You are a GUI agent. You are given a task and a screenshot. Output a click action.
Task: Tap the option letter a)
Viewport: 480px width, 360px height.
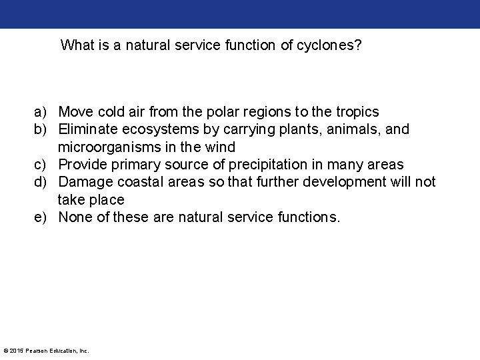pos(43,111)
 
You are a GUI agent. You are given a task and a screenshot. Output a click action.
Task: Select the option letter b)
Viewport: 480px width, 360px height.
pos(43,129)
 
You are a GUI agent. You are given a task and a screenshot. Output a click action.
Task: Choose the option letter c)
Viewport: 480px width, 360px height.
pos(43,164)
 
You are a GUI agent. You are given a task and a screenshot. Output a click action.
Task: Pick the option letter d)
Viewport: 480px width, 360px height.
pos(43,182)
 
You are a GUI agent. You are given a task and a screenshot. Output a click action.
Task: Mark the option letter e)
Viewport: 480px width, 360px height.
pos(43,217)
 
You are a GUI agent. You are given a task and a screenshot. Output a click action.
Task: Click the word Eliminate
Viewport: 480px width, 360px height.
pos(87,129)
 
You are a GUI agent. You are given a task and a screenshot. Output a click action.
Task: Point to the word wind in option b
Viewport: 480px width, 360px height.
pos(220,147)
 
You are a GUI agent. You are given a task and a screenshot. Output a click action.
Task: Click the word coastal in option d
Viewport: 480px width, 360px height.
pos(138,182)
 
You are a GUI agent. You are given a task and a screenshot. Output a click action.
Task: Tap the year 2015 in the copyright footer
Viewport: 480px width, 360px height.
pos(17,351)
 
